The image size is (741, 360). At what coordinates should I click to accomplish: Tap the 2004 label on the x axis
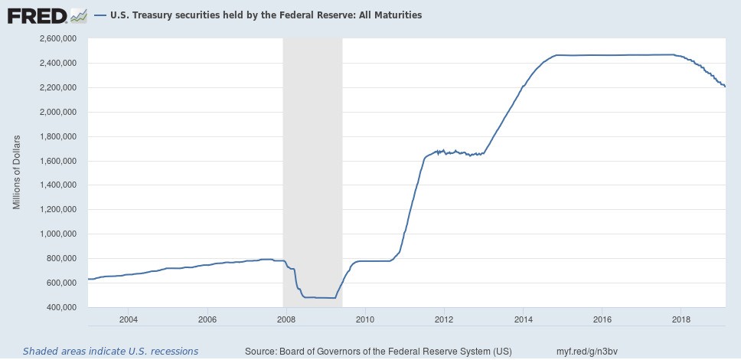tap(128, 319)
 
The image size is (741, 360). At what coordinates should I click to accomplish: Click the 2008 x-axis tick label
tap(286, 319)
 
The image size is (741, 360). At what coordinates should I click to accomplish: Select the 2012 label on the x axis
tap(444, 319)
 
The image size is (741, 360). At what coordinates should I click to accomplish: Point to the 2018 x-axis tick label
tap(681, 319)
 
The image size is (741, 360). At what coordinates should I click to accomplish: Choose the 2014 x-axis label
tap(523, 319)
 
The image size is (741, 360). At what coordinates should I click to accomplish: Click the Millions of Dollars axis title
tap(17, 172)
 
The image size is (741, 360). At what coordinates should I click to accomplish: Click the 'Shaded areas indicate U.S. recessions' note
tap(110, 351)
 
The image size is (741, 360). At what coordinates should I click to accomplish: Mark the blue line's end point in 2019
tap(725, 87)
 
